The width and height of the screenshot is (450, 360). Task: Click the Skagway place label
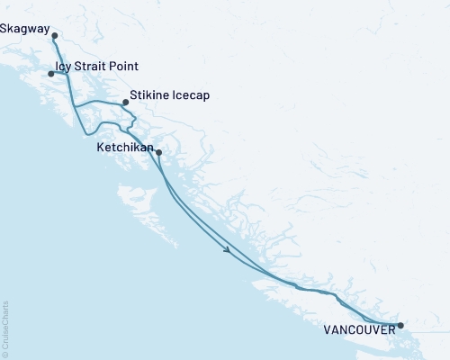tap(25, 29)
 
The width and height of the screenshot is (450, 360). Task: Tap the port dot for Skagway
tap(55, 36)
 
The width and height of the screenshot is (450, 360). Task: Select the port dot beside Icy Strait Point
tap(51, 74)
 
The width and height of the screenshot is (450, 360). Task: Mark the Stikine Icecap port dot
tap(125, 103)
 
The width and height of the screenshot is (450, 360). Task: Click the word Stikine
tap(149, 94)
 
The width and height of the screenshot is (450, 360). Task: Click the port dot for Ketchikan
tap(158, 152)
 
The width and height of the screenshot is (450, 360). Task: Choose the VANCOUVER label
tap(357, 330)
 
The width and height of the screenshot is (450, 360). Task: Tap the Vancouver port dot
tap(400, 325)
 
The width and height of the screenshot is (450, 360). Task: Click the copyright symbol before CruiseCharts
tap(4, 354)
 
